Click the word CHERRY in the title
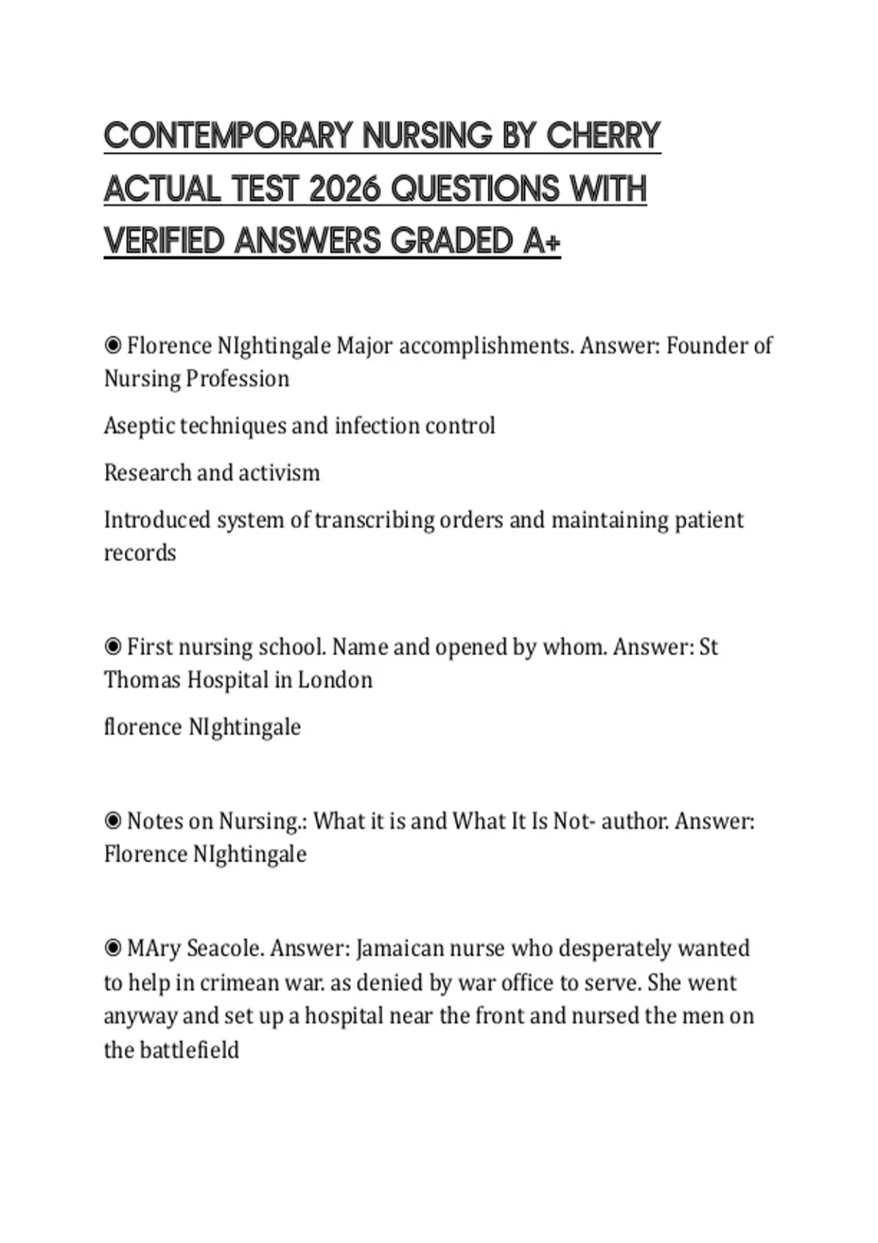tap(603, 136)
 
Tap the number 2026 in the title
tap(345, 189)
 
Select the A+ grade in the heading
tap(542, 241)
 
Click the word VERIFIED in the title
tap(164, 241)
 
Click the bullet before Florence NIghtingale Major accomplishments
tap(113, 344)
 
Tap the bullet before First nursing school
tap(113, 646)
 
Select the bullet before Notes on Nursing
tap(113, 820)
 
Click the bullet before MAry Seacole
tap(113, 948)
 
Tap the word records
tap(140, 553)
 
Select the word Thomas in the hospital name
tap(142, 680)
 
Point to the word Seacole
tap(224, 948)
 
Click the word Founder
tap(702, 345)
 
